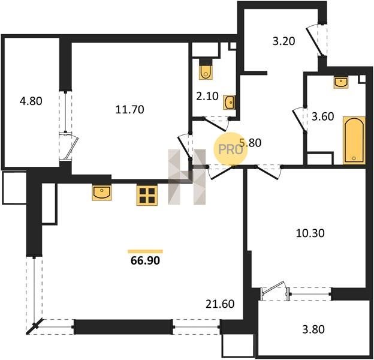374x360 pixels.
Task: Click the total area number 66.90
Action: [145, 260]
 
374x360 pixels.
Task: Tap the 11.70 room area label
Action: [129, 110]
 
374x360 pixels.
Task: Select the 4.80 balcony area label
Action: [31, 101]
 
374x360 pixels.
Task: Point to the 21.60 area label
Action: [220, 304]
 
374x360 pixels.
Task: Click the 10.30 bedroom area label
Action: [310, 233]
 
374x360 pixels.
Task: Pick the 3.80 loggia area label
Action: [313, 329]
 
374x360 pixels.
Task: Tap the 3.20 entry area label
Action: [284, 41]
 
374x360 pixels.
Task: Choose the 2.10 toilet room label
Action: [207, 96]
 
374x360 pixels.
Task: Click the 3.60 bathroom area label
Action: [323, 117]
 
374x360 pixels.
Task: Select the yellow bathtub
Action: [354, 140]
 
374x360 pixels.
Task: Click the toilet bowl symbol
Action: [206, 69]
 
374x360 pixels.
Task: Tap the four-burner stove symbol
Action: [147, 195]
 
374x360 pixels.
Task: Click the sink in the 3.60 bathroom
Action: [341, 82]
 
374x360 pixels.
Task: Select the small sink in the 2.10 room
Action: [229, 103]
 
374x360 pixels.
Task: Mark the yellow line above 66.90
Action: [145, 251]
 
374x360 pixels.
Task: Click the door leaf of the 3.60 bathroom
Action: [299, 121]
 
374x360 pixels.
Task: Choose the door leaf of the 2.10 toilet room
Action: [215, 125]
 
